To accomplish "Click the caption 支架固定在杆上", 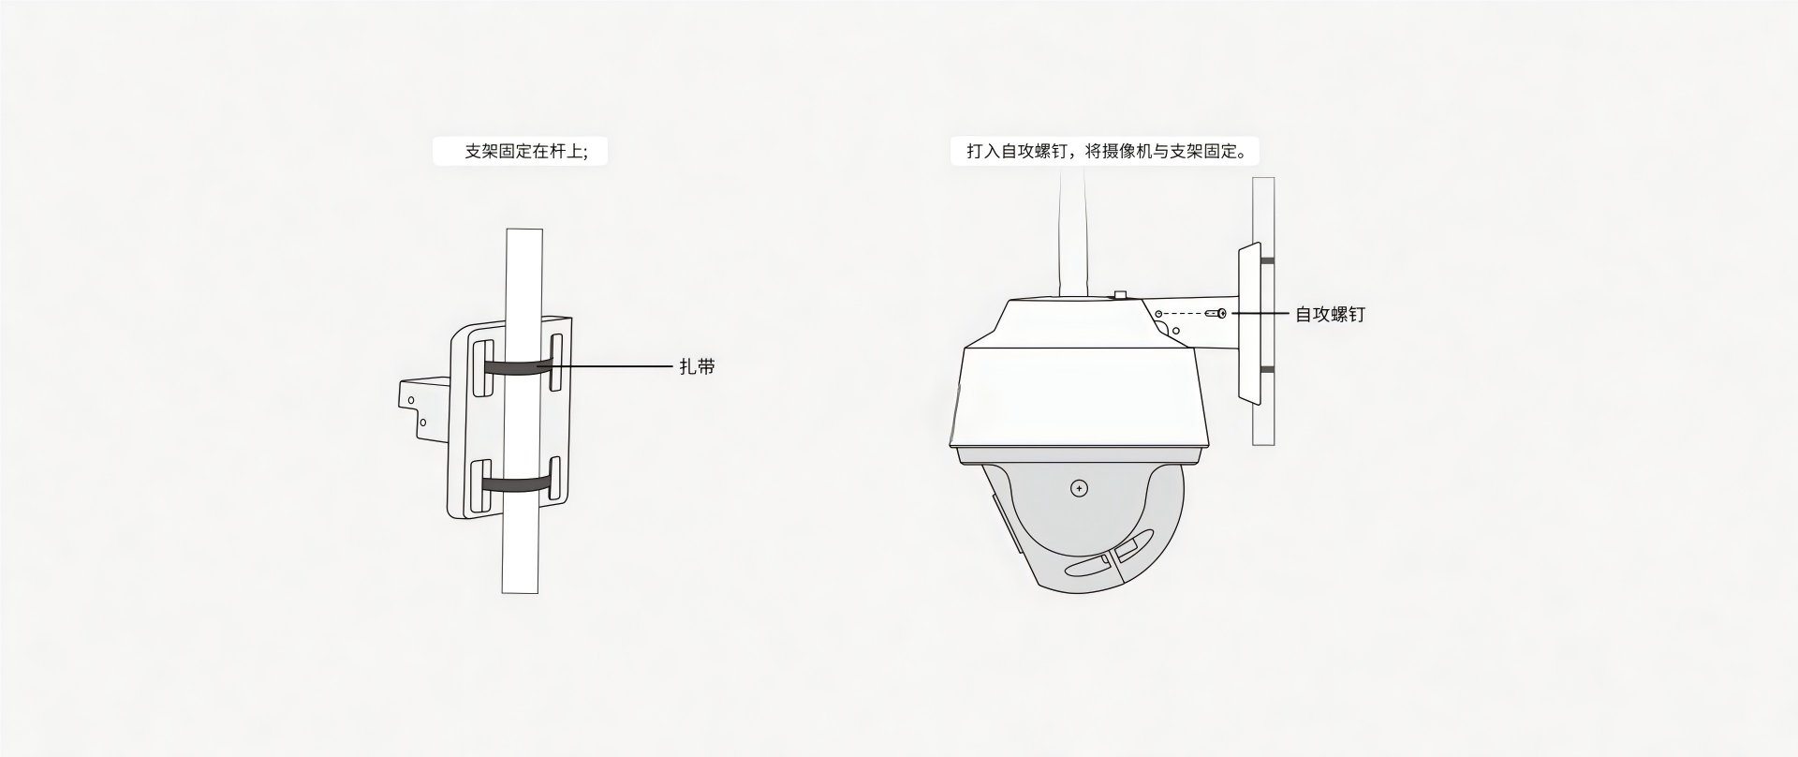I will [525, 152].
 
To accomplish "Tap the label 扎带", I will [697, 367].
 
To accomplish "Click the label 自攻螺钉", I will [1330, 315].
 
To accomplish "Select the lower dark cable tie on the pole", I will [516, 484].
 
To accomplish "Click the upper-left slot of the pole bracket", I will [483, 368].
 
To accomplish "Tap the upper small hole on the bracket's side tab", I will [410, 400].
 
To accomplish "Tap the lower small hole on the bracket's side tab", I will [423, 423].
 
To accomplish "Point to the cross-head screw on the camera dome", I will [1079, 488].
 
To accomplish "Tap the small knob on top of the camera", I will [1120, 296].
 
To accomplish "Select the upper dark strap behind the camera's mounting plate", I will [1267, 260].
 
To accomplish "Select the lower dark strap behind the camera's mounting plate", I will [1267, 370].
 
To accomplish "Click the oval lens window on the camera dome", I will [1088, 566].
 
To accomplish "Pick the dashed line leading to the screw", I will [1185, 313].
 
